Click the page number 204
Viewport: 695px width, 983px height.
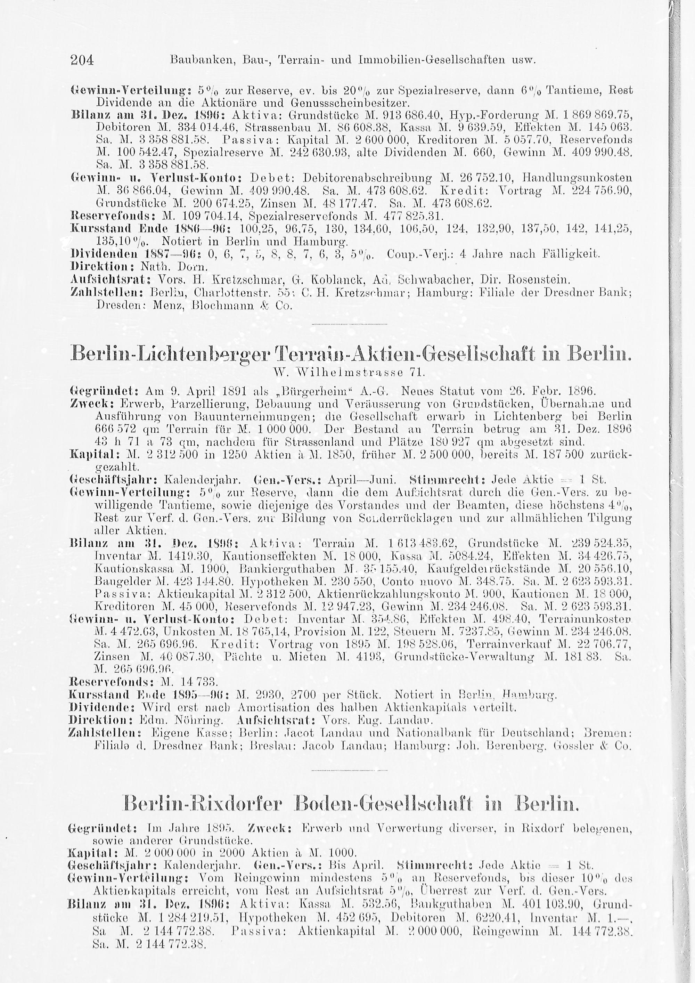pyautogui.click(x=81, y=60)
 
